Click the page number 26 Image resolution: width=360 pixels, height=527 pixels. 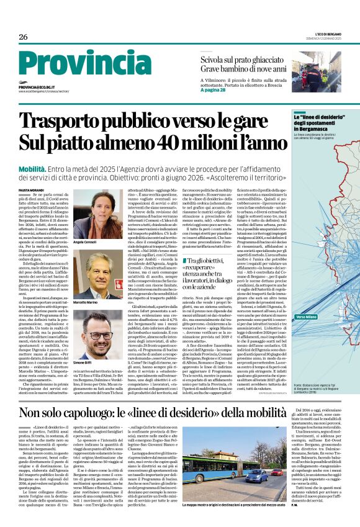click(23, 37)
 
